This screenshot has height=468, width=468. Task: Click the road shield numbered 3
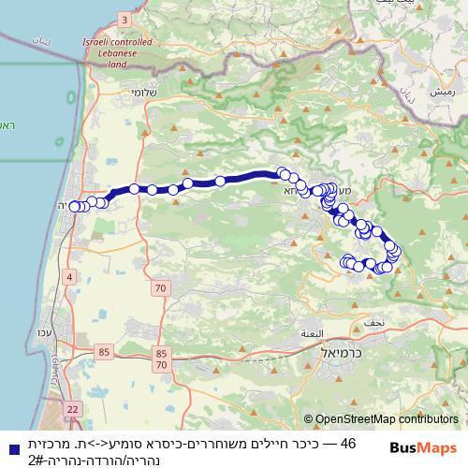(124, 19)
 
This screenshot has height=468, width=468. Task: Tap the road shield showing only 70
(160, 288)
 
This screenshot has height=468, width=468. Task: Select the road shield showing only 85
(103, 352)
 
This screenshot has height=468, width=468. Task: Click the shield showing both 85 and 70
(162, 358)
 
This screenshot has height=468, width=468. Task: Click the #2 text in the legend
(37, 460)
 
